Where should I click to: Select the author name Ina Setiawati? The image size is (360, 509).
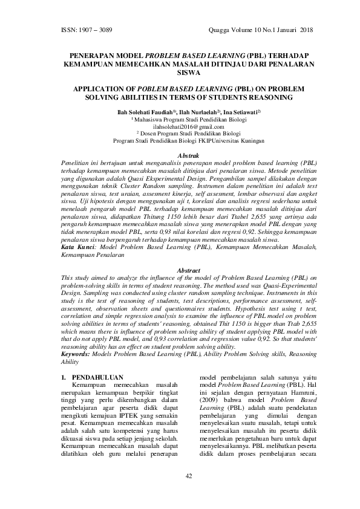pyautogui.click(x=240, y=112)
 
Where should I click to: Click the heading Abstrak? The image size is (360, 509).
pyautogui.click(x=180, y=155)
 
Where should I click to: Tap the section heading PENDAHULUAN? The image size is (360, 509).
pyautogui.click(x=98, y=377)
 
